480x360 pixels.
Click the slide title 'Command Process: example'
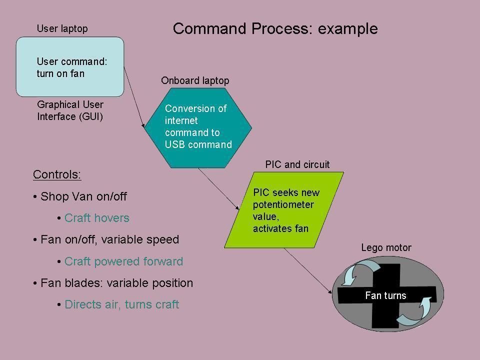[x=275, y=28]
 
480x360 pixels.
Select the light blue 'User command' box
[x=70, y=67]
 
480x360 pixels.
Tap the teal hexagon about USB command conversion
[x=198, y=127]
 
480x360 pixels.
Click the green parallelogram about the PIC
[x=284, y=210]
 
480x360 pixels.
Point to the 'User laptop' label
[x=62, y=28]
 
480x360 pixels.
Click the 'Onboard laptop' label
[x=195, y=80]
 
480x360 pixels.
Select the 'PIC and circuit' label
[x=297, y=164]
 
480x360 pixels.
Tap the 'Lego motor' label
[x=386, y=247]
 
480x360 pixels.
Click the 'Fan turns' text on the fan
[x=385, y=295]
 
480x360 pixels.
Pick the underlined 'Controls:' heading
[x=57, y=174]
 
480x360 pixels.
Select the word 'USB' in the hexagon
[x=175, y=145]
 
